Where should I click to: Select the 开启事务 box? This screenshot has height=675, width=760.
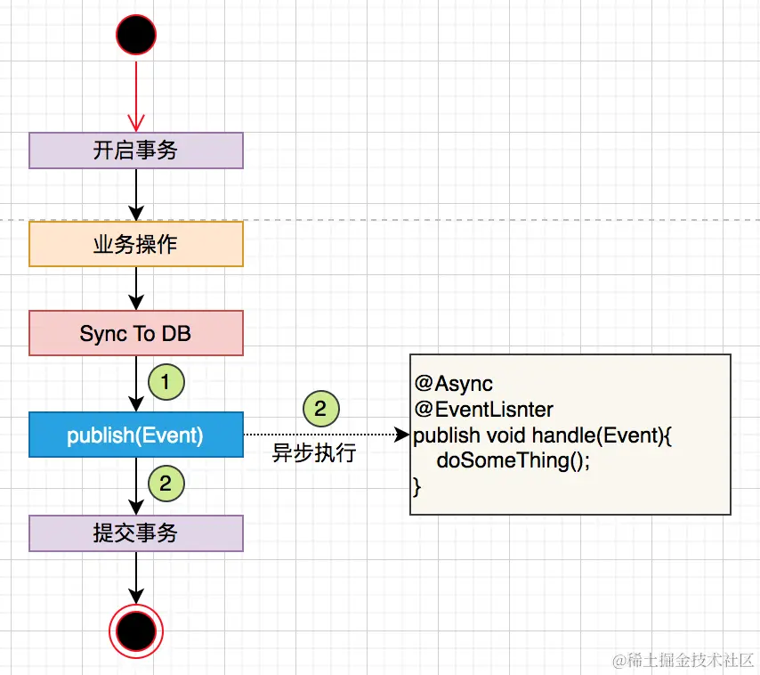pyautogui.click(x=136, y=150)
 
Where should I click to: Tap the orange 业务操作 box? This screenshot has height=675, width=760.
pyautogui.click(x=136, y=244)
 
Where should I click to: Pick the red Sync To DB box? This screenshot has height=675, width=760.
pyautogui.click(x=136, y=333)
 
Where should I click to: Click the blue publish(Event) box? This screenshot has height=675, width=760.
pyautogui.click(x=136, y=435)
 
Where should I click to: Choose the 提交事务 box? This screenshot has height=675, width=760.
pyautogui.click(x=136, y=533)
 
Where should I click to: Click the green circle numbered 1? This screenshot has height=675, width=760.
pyautogui.click(x=166, y=383)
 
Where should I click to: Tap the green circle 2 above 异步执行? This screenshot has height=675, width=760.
pyautogui.click(x=321, y=409)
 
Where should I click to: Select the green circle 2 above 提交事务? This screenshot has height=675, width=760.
pyautogui.click(x=166, y=484)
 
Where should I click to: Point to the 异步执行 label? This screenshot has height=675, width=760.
pyautogui.click(x=314, y=452)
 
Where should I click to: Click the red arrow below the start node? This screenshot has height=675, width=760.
pyautogui.click(x=136, y=93)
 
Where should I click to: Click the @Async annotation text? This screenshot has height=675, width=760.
pyautogui.click(x=453, y=384)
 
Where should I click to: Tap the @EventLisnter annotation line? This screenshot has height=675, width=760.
pyautogui.click(x=483, y=410)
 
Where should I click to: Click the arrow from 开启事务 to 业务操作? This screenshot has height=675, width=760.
pyautogui.click(x=136, y=194)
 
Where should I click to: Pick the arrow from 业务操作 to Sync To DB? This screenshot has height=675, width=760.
pyautogui.click(x=136, y=288)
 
